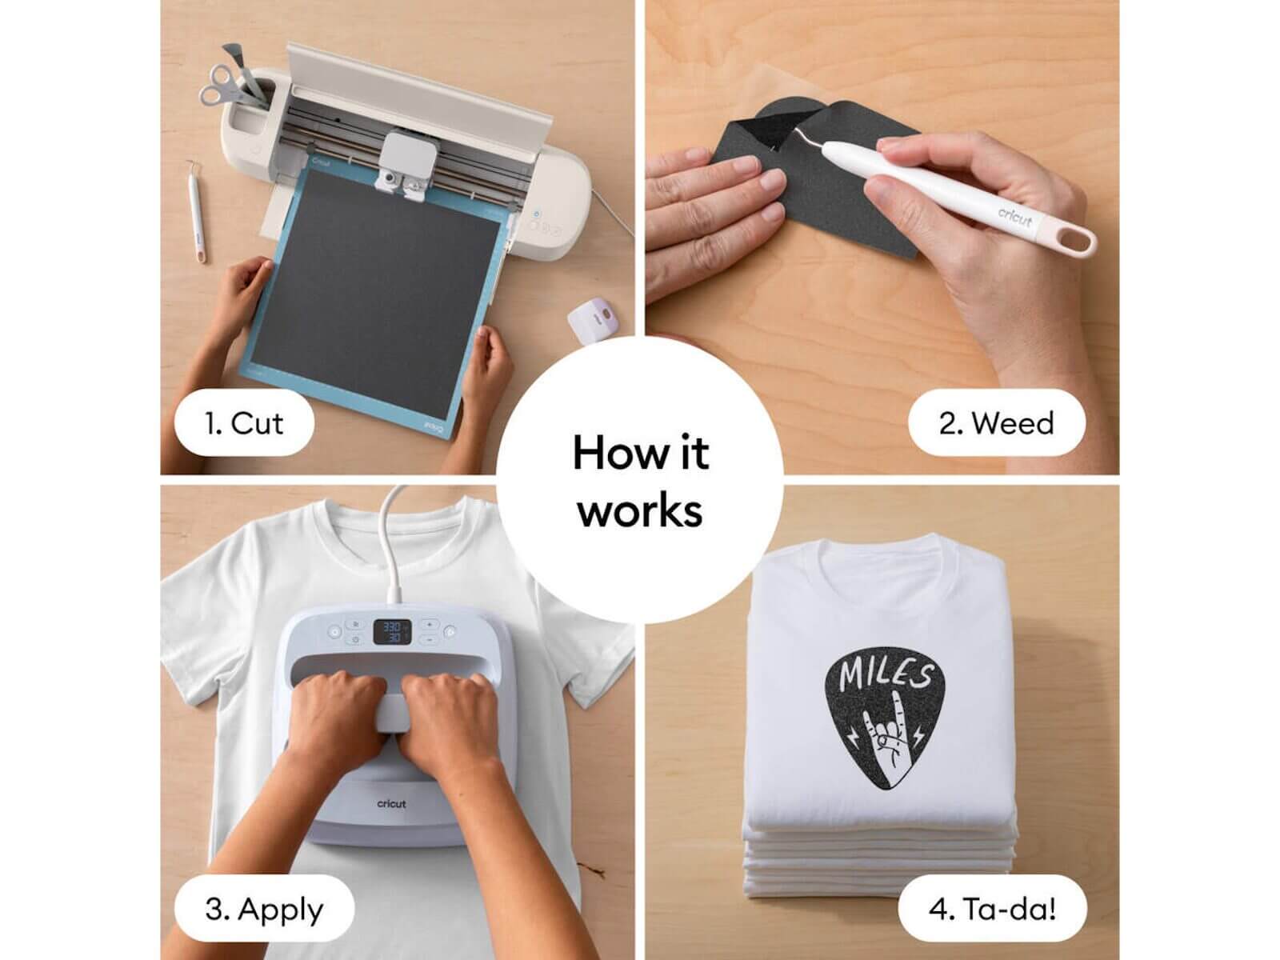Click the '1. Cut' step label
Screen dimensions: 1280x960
244,423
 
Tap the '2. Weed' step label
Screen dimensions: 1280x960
996,423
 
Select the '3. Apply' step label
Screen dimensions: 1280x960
264,909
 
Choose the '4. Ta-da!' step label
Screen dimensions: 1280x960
992,909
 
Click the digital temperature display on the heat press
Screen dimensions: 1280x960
392,632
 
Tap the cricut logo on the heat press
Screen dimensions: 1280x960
391,804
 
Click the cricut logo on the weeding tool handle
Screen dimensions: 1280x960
1014,217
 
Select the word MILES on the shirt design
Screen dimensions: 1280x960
886,674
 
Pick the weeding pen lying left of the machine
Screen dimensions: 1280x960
196,210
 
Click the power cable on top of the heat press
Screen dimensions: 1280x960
392,542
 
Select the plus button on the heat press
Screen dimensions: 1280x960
430,624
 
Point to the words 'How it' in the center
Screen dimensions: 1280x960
640,453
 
